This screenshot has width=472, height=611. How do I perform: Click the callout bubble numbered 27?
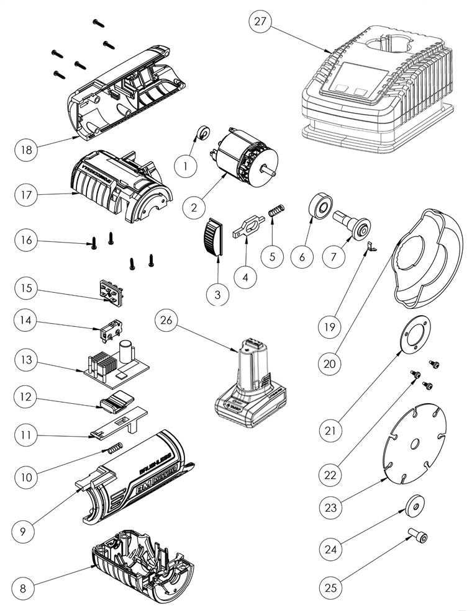point(260,22)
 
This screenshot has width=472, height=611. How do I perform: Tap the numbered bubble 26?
point(169,321)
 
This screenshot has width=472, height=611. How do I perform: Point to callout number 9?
point(24,532)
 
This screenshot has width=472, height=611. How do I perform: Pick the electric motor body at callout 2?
point(243,160)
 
